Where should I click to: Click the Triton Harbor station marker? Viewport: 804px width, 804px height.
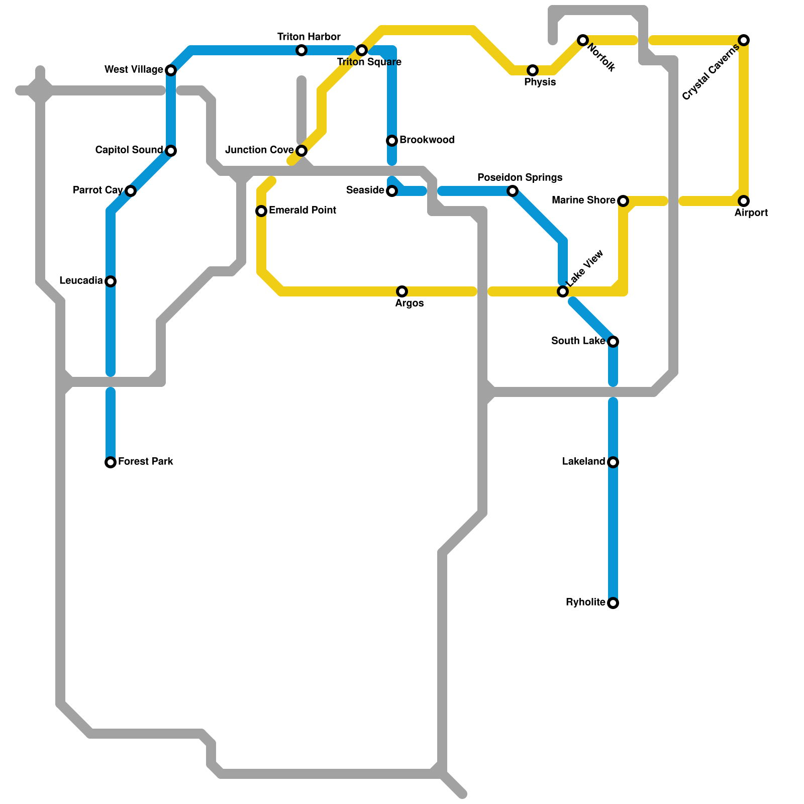pyautogui.click(x=301, y=50)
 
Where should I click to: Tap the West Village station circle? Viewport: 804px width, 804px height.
pyautogui.click(x=171, y=70)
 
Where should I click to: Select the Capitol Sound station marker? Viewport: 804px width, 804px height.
pyautogui.click(x=171, y=151)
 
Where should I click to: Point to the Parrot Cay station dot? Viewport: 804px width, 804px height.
pyautogui.click(x=131, y=191)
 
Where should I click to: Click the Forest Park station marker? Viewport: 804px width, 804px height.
pyautogui.click(x=111, y=462)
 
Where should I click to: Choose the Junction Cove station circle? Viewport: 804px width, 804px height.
pyautogui.click(x=301, y=151)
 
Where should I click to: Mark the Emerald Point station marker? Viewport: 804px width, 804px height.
pyautogui.click(x=261, y=211)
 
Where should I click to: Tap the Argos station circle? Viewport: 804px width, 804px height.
pyautogui.click(x=402, y=291)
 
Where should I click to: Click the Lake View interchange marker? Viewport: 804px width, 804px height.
pyautogui.click(x=563, y=291)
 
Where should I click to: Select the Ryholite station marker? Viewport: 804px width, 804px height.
pyautogui.click(x=613, y=603)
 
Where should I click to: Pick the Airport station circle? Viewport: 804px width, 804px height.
pyautogui.click(x=744, y=201)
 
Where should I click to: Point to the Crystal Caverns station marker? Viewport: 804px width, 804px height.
pyautogui.click(x=744, y=40)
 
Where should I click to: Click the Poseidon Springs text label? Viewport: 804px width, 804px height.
pyautogui.click(x=520, y=178)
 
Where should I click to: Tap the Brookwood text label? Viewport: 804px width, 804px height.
pyautogui.click(x=427, y=140)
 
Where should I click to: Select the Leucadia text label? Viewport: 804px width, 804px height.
pyautogui.click(x=81, y=281)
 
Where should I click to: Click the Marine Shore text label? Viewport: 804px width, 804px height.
pyautogui.click(x=583, y=200)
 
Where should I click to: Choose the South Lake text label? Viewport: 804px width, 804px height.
pyautogui.click(x=578, y=341)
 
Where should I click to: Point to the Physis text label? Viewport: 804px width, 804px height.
pyautogui.click(x=540, y=82)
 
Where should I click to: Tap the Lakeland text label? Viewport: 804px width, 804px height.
pyautogui.click(x=583, y=462)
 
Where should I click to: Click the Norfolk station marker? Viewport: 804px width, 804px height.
pyautogui.click(x=583, y=40)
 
